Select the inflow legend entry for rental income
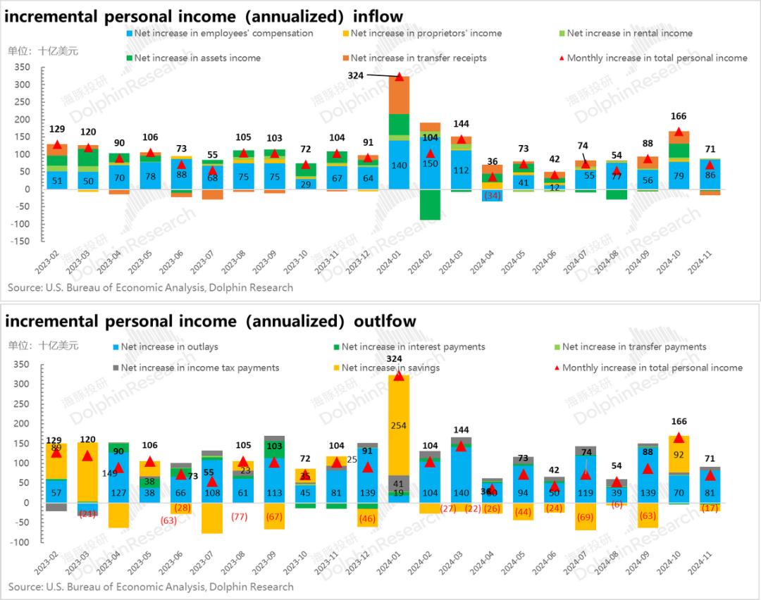tap(629, 33)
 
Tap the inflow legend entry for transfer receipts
tap(418, 58)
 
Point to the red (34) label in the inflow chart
tap(493, 195)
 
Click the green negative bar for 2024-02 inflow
tap(430, 204)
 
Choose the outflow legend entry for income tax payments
tap(199, 368)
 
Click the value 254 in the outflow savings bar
tap(399, 425)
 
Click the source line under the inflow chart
tap(150, 288)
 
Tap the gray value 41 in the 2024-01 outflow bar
tap(399, 484)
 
